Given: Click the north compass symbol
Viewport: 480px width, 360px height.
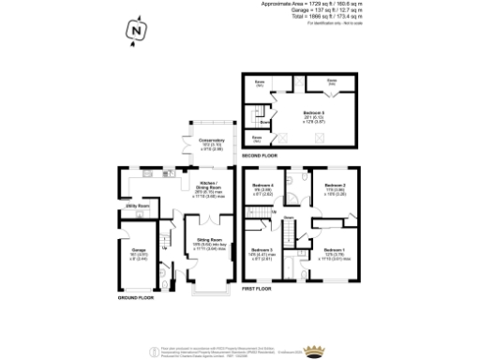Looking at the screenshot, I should [x=137, y=33].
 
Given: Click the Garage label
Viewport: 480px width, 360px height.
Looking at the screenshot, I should [x=137, y=250].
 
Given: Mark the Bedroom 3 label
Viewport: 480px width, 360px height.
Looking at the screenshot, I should [x=262, y=250].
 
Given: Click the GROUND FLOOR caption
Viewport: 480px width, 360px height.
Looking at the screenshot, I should [x=136, y=296].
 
